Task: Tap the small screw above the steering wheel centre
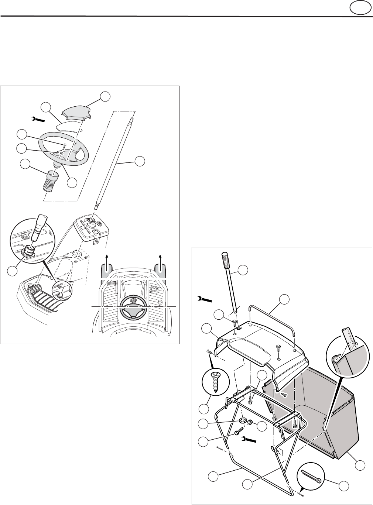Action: pos(64,145)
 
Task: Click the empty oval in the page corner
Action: pos(360,8)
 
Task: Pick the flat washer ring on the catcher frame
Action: pos(243,420)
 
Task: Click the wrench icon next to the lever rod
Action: pos(204,298)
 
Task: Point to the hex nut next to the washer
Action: pos(250,422)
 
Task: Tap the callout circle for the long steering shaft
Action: pos(140,161)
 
